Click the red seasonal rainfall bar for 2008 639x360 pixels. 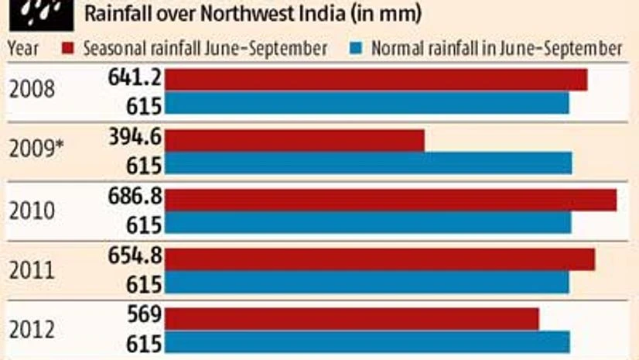pos(376,80)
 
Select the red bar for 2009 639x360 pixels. pos(295,140)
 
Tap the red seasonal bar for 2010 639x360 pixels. pos(391,200)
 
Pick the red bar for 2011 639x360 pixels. pos(380,259)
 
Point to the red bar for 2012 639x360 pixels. pos(352,318)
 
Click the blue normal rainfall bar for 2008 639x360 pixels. pos(367,103)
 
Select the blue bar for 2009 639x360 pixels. pos(368,163)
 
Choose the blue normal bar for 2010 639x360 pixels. pos(368,223)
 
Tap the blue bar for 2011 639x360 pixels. pos(367,282)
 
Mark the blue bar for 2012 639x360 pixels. pos(367,341)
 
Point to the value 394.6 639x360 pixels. pos(137,139)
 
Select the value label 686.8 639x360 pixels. pos(137,198)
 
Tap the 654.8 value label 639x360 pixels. pos(137,258)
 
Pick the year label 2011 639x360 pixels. pos(32,270)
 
